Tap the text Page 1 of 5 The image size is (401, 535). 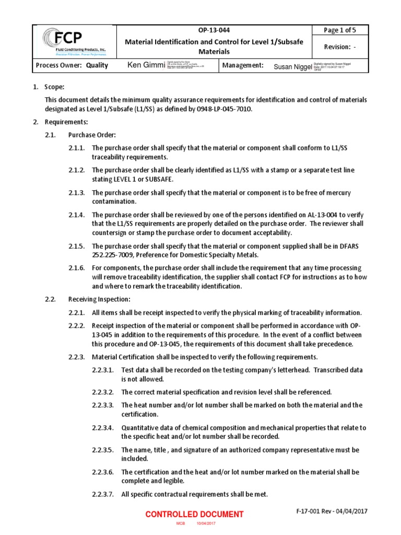(338, 30)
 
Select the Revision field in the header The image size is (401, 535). (340, 48)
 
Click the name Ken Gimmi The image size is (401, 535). (145, 65)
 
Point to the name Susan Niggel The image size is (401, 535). (293, 66)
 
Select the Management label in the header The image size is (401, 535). (242, 65)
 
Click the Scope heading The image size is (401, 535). (55, 88)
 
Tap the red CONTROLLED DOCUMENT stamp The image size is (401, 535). (194, 514)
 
